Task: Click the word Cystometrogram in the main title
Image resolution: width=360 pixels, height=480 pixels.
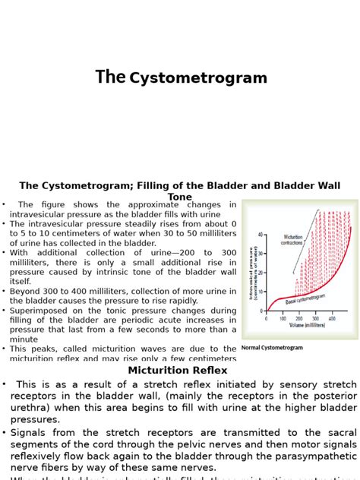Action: [x=198, y=78]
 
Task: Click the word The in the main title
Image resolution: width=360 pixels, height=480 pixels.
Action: [x=110, y=77]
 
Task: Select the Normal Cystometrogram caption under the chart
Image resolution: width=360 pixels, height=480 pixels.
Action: [x=272, y=348]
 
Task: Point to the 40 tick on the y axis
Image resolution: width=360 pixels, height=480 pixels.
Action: [x=261, y=235]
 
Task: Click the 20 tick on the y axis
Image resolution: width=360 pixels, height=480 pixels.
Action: [x=261, y=273]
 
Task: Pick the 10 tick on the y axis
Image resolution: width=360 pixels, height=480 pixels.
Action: [x=261, y=292]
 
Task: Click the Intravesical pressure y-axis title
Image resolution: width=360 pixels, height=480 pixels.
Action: [x=251, y=273]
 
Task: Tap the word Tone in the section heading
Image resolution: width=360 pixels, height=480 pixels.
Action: [x=179, y=197]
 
